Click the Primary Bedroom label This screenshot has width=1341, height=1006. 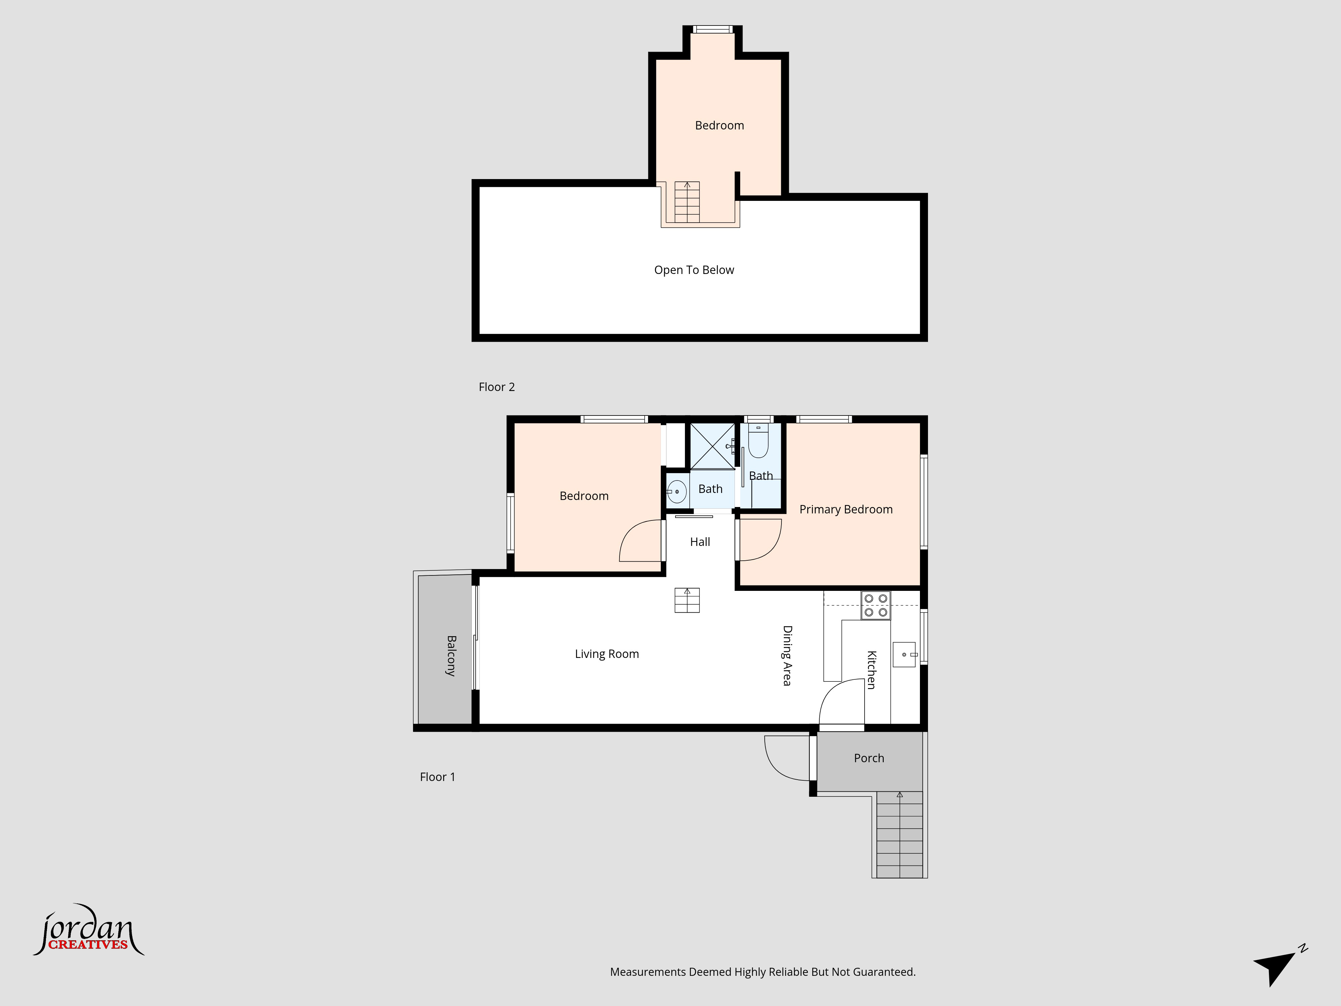point(846,509)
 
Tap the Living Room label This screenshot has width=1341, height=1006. point(607,654)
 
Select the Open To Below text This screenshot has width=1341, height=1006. point(694,270)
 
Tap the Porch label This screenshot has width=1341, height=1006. point(869,758)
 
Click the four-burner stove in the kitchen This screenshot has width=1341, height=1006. point(875,605)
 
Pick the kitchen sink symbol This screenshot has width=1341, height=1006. point(905,654)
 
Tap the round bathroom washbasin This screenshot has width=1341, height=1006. point(677,491)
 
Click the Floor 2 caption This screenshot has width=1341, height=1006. point(497,387)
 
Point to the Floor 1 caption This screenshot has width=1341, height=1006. point(437,777)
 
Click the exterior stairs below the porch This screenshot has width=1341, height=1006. point(900,834)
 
